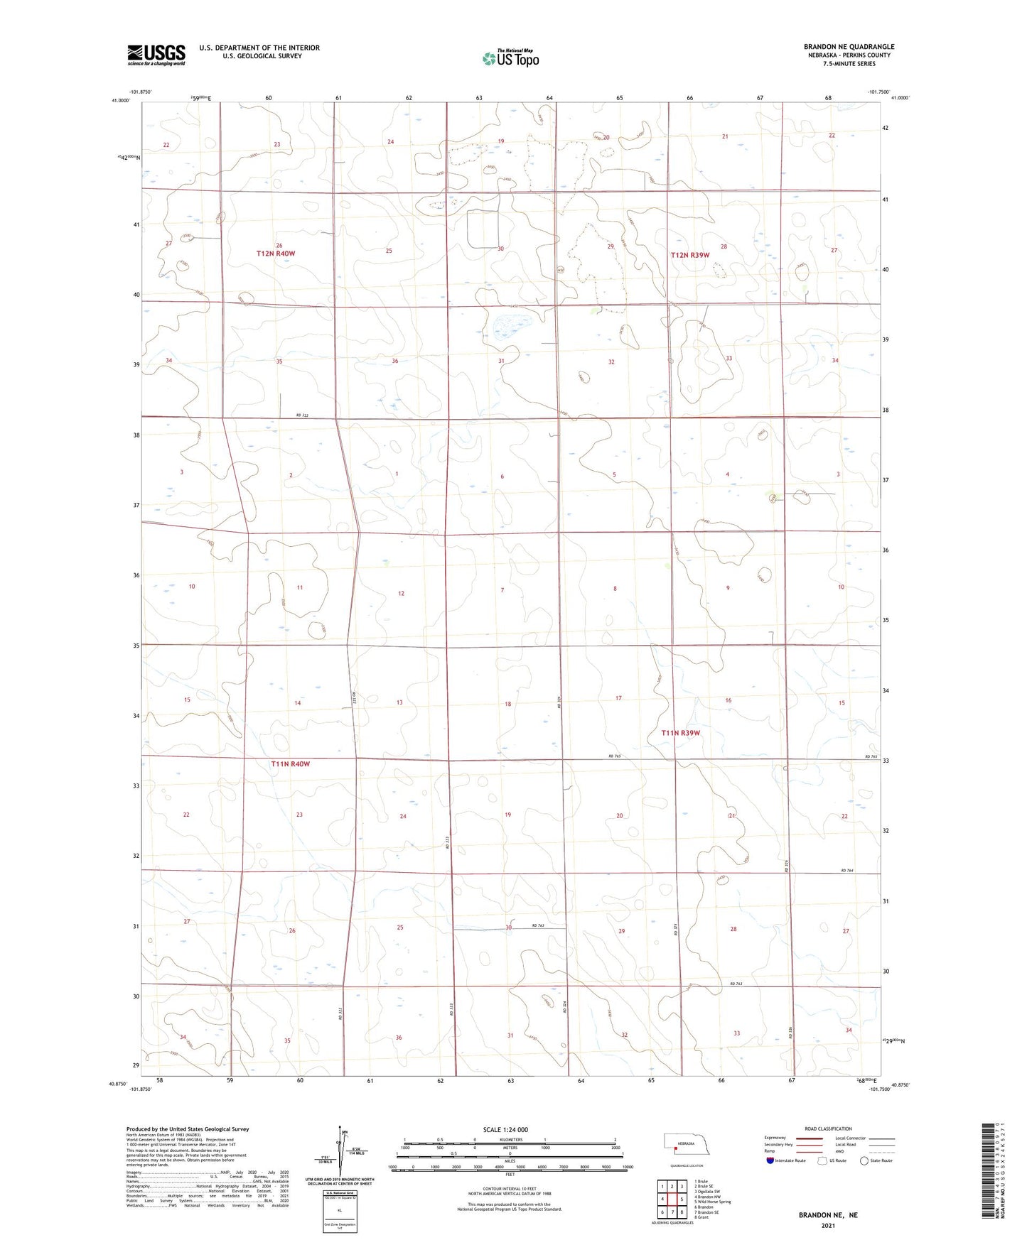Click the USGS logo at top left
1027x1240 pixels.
click(x=156, y=54)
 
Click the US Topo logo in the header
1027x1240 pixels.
click(x=510, y=58)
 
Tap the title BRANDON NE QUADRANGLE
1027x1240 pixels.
click(x=849, y=46)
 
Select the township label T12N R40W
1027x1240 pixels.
click(x=276, y=254)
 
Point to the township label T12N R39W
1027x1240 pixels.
click(x=689, y=255)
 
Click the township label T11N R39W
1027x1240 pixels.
click(x=680, y=733)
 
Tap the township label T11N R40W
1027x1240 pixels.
click(x=290, y=764)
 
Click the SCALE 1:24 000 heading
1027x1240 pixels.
click(x=505, y=1129)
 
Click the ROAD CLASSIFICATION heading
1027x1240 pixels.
click(x=828, y=1128)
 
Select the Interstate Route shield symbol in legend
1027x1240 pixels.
click(x=770, y=1160)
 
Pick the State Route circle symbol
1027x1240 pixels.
click(x=864, y=1160)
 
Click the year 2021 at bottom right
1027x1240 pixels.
click(x=827, y=1226)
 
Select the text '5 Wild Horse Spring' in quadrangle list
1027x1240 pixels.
click(x=713, y=1202)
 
